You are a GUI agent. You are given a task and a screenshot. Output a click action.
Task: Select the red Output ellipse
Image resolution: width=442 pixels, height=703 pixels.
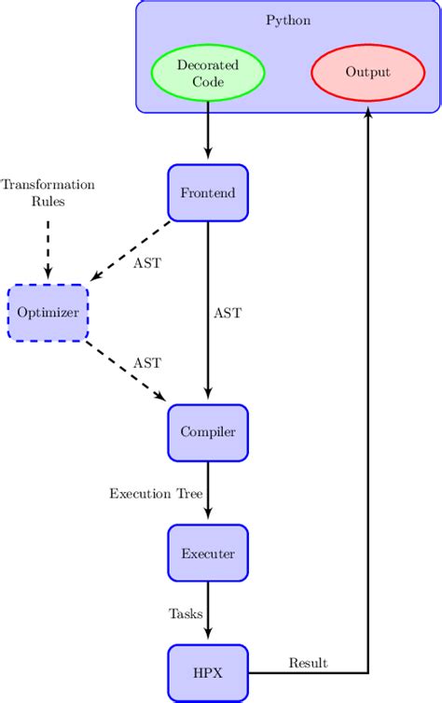[368, 72]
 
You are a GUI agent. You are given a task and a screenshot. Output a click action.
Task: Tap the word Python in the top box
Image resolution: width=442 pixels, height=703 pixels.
[288, 21]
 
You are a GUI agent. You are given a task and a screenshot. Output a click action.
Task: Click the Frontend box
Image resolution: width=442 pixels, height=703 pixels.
[208, 193]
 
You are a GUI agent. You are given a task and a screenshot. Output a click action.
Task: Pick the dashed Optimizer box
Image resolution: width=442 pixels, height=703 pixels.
[48, 313]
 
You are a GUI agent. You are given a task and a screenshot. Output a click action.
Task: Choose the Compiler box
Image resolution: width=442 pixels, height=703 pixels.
[208, 432]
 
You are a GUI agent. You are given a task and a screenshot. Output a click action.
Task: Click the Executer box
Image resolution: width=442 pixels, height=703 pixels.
[208, 553]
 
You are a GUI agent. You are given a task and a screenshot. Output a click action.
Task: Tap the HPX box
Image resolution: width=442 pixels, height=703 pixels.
[208, 672]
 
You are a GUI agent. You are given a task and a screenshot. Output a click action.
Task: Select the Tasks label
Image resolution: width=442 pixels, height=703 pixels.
[186, 613]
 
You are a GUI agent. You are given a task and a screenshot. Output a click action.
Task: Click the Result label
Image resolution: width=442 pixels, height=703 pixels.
[308, 663]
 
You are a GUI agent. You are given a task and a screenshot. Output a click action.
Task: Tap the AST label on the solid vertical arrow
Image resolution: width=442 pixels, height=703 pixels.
[227, 314]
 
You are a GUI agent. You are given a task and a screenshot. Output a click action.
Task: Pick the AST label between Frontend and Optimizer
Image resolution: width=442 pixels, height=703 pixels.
[146, 263]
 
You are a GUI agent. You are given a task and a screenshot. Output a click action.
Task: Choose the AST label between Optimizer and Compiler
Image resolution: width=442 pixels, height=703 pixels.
[146, 362]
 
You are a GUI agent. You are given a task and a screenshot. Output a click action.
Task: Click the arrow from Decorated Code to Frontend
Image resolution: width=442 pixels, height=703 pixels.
[208, 133]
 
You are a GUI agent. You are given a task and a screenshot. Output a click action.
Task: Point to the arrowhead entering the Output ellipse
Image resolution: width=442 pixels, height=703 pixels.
[369, 111]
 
